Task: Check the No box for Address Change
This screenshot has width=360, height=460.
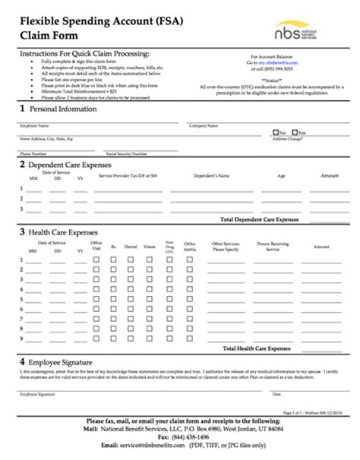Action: click(275, 132)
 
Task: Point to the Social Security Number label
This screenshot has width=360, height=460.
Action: click(127, 153)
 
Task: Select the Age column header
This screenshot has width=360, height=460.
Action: click(281, 175)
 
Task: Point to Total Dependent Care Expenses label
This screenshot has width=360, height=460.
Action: click(259, 219)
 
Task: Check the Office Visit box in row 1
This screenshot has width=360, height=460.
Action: click(96, 260)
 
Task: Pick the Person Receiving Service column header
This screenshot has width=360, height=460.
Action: click(273, 247)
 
